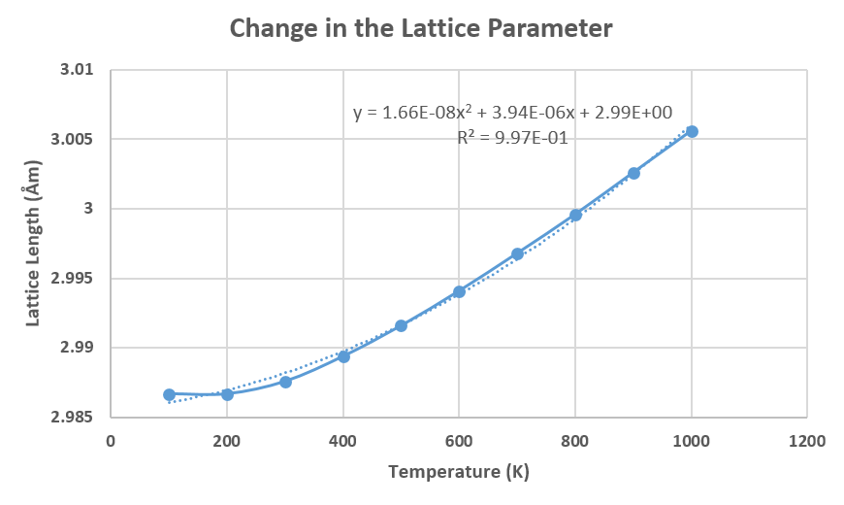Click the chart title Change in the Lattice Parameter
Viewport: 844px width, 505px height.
click(421, 29)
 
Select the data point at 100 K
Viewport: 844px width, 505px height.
click(169, 394)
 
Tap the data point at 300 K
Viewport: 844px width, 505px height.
click(285, 382)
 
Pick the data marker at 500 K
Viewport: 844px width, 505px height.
click(401, 325)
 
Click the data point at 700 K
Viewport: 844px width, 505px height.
click(517, 253)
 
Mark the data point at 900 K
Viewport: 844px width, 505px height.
click(633, 173)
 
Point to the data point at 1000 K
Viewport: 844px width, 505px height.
click(692, 131)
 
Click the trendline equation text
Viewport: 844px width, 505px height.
click(512, 113)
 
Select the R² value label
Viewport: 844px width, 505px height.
click(512, 138)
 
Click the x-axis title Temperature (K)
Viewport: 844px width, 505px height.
click(459, 473)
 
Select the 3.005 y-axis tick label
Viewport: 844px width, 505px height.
click(75, 140)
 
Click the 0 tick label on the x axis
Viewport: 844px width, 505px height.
click(111, 440)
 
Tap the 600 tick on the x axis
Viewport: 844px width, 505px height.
click(459, 440)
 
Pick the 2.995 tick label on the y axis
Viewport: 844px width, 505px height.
click(75, 279)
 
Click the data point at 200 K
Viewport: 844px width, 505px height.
click(227, 394)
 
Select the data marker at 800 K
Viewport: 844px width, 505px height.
click(575, 215)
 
